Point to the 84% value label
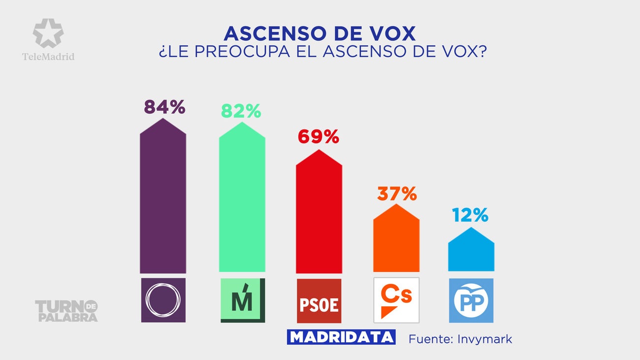164,107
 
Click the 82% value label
241,111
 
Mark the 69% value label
319,137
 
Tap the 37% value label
397,194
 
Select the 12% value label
471,215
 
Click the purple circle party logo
163,300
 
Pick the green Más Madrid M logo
242,300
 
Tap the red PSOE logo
319,300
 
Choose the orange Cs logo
396,300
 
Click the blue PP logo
471,300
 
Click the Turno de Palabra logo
66,311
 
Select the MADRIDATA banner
342,337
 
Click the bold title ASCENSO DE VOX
320,33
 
